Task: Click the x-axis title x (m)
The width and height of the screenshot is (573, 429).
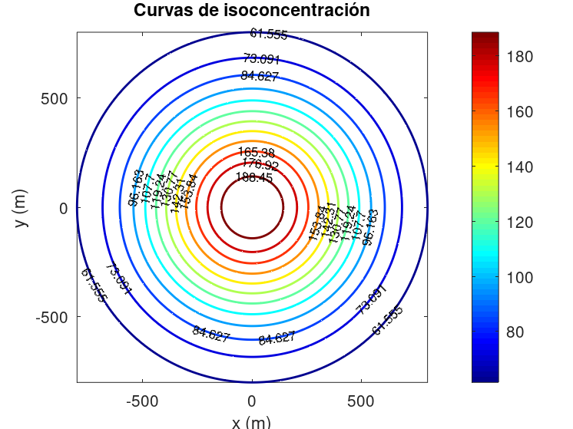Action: click(251, 421)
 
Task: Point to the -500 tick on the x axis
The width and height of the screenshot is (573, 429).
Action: click(141, 401)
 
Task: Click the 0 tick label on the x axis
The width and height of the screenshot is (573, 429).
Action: click(252, 401)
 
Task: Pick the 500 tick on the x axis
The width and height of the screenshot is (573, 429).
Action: click(361, 401)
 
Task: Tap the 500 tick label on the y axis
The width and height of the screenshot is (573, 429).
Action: click(58, 98)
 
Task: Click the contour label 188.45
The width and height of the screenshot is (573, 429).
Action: click(254, 177)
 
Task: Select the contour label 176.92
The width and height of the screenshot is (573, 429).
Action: click(260, 164)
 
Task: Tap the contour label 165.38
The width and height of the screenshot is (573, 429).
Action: click(256, 152)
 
